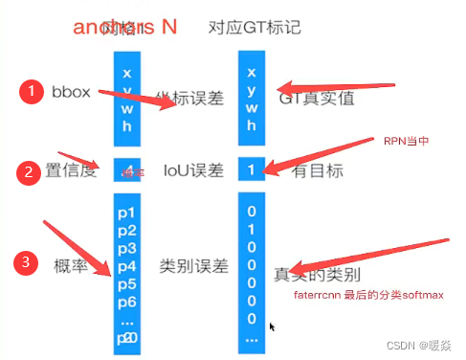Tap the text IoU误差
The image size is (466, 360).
pos(193,170)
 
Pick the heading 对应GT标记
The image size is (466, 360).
pos(255,27)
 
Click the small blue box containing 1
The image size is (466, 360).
pos(251,169)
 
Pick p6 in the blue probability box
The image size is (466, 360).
pos(127,302)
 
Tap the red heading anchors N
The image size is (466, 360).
pos(124,26)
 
